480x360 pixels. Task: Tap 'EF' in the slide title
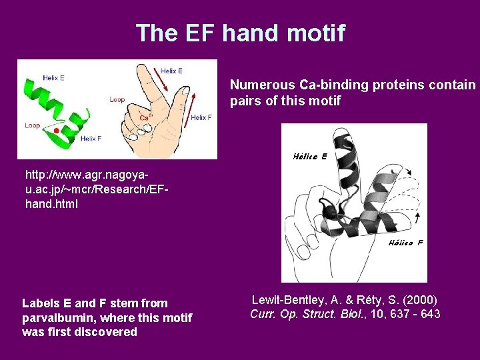point(199,33)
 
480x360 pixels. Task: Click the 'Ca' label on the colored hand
point(145,117)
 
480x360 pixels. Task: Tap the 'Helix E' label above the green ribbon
point(53,78)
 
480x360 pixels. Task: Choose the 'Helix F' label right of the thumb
point(201,118)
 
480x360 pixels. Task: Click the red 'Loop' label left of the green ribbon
point(32,125)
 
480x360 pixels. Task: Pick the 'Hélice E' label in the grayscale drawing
point(310,157)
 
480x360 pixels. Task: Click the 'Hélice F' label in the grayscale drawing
point(405,243)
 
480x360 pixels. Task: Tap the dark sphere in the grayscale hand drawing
point(327,211)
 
